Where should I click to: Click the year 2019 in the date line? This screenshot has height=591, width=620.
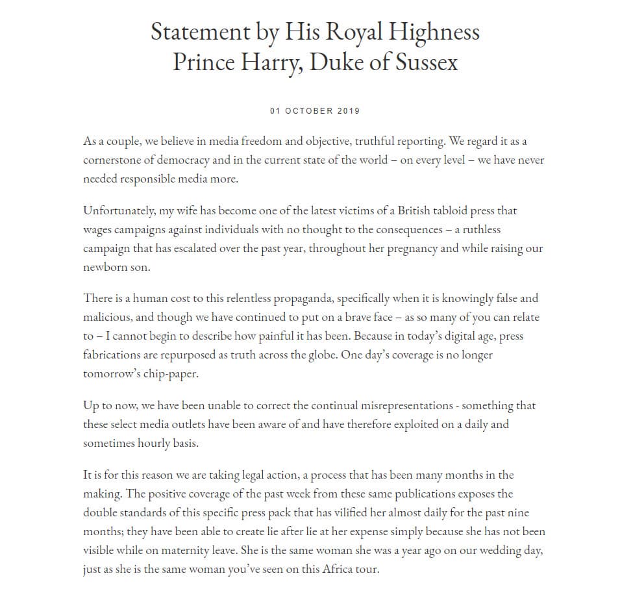coord(349,110)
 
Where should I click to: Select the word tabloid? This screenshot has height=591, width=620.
coord(447,211)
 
